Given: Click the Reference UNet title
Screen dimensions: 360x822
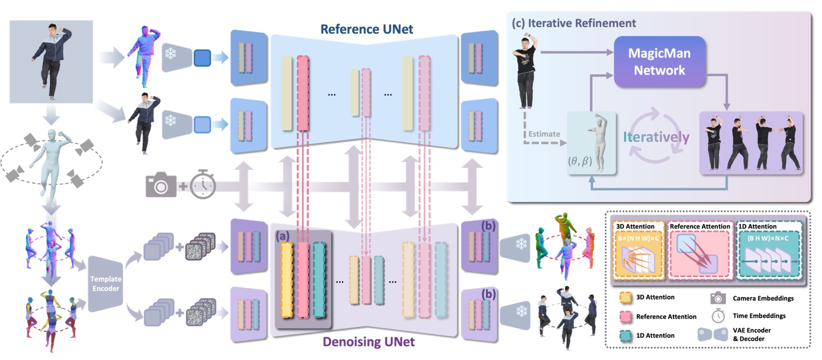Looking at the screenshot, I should pyautogui.click(x=366, y=29).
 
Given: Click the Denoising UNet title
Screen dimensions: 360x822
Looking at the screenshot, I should pyautogui.click(x=369, y=342).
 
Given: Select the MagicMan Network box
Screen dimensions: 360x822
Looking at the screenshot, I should pyautogui.click(x=659, y=62).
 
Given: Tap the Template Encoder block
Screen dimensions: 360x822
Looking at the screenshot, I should pyautogui.click(x=105, y=284).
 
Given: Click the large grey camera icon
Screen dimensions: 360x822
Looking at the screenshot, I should pyautogui.click(x=161, y=185).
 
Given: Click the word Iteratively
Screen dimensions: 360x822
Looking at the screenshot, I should pyautogui.click(x=656, y=137).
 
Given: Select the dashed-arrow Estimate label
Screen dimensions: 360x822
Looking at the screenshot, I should pyautogui.click(x=544, y=134).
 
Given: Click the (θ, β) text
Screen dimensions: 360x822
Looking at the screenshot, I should pyautogui.click(x=580, y=161).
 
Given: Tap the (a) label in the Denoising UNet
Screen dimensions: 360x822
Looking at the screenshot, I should pyautogui.click(x=282, y=236).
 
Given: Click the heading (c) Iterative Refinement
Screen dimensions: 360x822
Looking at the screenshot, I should pyautogui.click(x=573, y=23).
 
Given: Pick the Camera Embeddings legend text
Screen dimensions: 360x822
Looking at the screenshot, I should pyautogui.click(x=763, y=298).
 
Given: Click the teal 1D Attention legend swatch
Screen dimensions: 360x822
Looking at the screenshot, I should pyautogui.click(x=625, y=336).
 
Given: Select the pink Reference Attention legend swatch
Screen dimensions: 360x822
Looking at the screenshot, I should pyautogui.click(x=625, y=317).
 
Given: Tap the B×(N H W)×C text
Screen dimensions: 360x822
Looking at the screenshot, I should pyautogui.click(x=638, y=238).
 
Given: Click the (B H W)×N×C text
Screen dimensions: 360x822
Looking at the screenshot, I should pyautogui.click(x=767, y=238).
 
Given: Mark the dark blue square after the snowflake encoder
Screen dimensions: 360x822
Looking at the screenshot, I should pyautogui.click(x=202, y=58).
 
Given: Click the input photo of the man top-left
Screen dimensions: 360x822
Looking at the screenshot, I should pyautogui.click(x=51, y=61).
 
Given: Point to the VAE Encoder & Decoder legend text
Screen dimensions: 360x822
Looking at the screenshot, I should pyautogui.click(x=751, y=334).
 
